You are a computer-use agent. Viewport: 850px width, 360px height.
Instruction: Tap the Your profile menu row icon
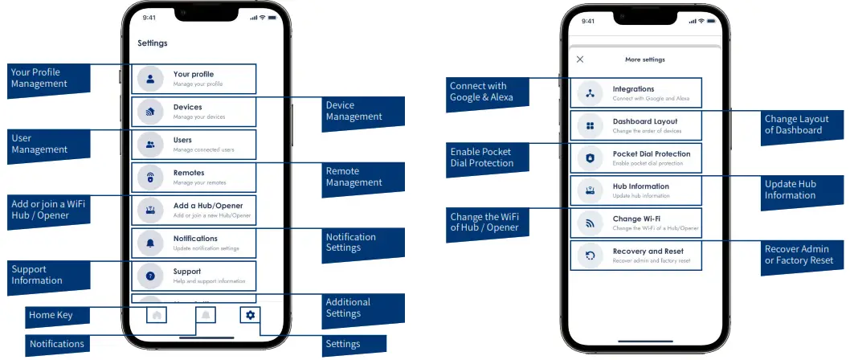pyautogui.click(x=150, y=79)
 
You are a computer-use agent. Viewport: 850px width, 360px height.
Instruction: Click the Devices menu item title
pyautogui.click(x=187, y=107)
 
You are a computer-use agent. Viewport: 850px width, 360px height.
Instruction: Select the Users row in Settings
pyautogui.click(x=194, y=145)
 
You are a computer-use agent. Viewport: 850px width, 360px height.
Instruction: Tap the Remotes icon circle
pyautogui.click(x=150, y=177)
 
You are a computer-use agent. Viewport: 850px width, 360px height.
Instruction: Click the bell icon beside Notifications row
pyautogui.click(x=150, y=243)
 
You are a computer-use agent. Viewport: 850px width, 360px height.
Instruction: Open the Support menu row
pyautogui.click(x=194, y=276)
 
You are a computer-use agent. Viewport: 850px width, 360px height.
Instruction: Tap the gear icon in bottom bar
pyautogui.click(x=250, y=315)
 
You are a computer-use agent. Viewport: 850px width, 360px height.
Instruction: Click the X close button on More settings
pyautogui.click(x=580, y=59)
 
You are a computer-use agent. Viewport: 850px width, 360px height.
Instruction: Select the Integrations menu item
pyautogui.click(x=635, y=93)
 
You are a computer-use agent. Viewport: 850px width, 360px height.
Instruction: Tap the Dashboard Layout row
pyautogui.click(x=635, y=125)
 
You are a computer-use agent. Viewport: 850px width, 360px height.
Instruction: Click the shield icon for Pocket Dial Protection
pyautogui.click(x=590, y=158)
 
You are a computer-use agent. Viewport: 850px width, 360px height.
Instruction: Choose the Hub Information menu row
pyautogui.click(x=635, y=190)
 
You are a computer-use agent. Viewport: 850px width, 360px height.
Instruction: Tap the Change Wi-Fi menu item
pyautogui.click(x=635, y=223)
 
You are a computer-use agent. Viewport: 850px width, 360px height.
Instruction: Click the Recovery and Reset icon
pyautogui.click(x=590, y=256)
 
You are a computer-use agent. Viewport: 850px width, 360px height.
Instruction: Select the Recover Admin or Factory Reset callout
pyautogui.click(x=799, y=255)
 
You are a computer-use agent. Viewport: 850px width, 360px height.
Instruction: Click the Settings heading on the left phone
pyautogui.click(x=153, y=43)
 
